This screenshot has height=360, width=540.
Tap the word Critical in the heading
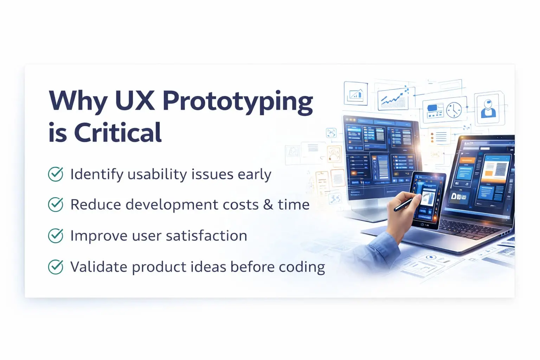click(x=118, y=133)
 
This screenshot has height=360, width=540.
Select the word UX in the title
click(x=135, y=101)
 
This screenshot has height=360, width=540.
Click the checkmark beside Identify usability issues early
click(x=56, y=174)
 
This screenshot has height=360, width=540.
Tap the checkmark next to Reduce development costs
click(x=56, y=205)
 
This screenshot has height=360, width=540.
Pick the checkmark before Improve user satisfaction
click(x=56, y=236)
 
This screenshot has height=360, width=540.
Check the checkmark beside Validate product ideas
click(x=56, y=267)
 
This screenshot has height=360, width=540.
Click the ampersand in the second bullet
click(x=268, y=205)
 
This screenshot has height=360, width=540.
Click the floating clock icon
click(x=454, y=110)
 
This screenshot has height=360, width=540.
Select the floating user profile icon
click(x=488, y=108)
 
